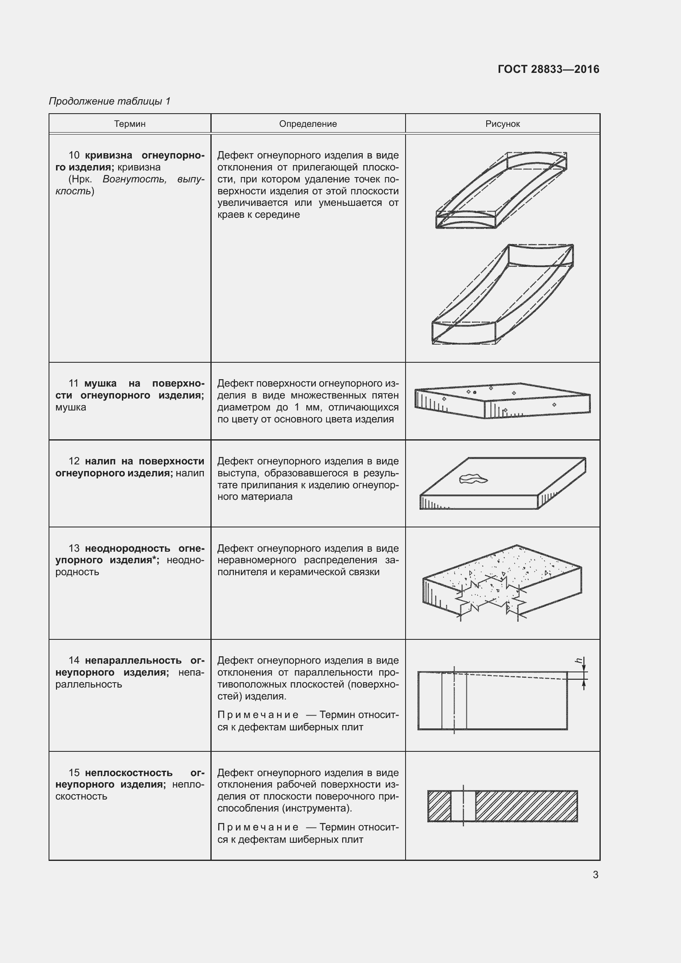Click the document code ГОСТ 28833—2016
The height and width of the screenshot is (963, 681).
point(548,69)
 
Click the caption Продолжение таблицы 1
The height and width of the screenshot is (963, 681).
point(110,101)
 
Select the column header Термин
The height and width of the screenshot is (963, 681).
point(130,124)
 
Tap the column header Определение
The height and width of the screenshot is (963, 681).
point(308,124)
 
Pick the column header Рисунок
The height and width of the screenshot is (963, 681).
point(502,124)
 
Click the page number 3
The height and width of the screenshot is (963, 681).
point(595,874)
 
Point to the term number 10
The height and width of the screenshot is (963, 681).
point(74,156)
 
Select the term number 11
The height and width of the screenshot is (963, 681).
point(73,383)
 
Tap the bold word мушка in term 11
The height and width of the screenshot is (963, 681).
point(100,383)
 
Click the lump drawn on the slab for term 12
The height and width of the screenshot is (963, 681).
point(473,478)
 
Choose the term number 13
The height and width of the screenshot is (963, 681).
point(74,548)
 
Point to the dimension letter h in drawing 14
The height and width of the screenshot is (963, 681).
point(579,661)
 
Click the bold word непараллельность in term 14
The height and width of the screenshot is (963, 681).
point(133,660)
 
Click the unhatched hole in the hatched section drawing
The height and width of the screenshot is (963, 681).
point(463,806)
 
